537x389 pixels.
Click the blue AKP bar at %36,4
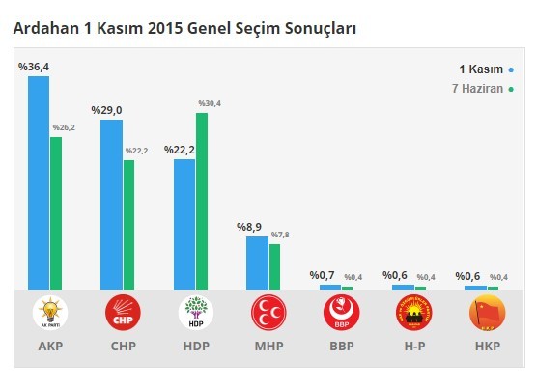(39, 182)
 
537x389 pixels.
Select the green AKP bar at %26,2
(56, 212)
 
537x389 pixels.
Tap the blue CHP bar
(111, 204)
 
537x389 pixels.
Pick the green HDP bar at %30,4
(202, 201)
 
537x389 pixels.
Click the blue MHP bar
(257, 263)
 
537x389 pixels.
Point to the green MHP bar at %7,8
(274, 266)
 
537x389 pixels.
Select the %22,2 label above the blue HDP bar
(180, 151)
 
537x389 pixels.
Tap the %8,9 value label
(252, 228)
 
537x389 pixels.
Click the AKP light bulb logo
(49, 314)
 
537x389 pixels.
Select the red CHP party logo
(123, 314)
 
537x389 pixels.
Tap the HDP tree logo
(195, 314)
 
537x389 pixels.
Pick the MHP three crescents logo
(268, 314)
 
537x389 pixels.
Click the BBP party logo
(341, 314)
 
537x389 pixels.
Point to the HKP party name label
(486, 346)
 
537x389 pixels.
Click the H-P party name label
(413, 346)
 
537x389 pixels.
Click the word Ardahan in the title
(43, 29)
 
